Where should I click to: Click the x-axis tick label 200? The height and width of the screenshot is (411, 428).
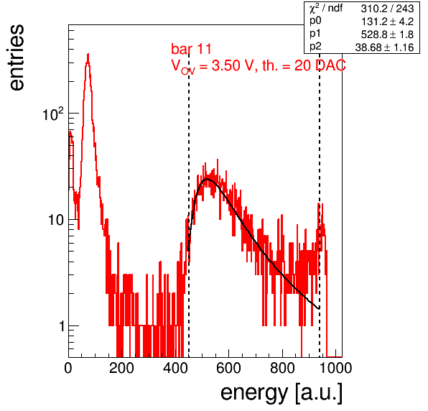coord(121,368)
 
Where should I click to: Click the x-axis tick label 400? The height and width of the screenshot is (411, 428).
coord(175,368)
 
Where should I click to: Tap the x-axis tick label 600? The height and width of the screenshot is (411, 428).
coord(228,368)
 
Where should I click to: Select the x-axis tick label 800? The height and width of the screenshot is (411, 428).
coord(282,368)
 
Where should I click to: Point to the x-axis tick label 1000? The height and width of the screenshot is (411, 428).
coord(335,368)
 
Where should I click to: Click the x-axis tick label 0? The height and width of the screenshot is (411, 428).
coord(68,368)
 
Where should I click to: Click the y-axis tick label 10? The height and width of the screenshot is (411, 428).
coord(56,220)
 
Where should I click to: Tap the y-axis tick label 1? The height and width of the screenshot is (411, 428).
coord(62,325)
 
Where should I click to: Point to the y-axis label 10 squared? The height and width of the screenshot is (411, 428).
coord(53,114)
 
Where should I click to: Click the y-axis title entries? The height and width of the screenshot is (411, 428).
coord(17,57)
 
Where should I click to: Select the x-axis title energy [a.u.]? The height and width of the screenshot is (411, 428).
coord(282,394)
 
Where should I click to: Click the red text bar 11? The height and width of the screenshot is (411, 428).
coord(191,49)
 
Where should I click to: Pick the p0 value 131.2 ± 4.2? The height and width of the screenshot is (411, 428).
coord(387,22)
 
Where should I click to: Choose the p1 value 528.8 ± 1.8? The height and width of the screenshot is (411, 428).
coord(387,34)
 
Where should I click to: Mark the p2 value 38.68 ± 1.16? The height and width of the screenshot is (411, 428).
coord(385,47)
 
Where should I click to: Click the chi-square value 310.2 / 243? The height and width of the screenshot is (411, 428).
coord(387,9)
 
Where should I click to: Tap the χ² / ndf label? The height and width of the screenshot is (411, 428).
coord(326,8)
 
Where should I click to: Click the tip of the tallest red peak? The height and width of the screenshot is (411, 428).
coord(88,54)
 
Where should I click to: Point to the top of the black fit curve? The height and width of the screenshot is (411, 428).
coord(207,179)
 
